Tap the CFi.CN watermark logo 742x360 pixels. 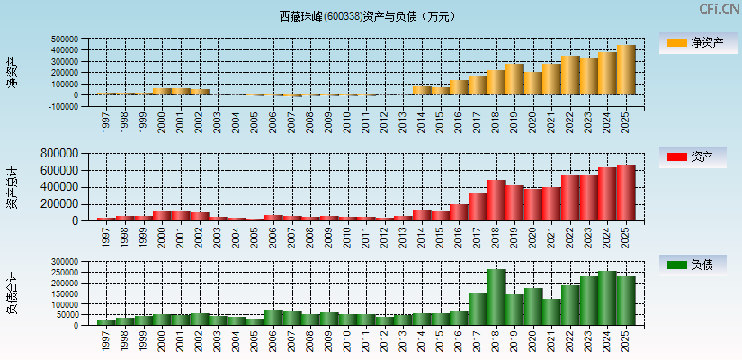[x=719, y=9]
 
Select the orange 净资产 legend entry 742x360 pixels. [x=694, y=43]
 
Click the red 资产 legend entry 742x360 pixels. [x=694, y=157]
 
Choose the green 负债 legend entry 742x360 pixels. [x=694, y=265]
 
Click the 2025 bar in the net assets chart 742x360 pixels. [x=626, y=70]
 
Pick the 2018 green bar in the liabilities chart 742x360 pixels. [x=496, y=297]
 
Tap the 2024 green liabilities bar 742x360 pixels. [x=607, y=298]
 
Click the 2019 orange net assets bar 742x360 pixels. [x=514, y=80]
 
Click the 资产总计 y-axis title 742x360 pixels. [x=11, y=187]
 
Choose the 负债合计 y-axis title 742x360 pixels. [x=11, y=292]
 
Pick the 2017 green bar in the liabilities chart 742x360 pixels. [x=478, y=309]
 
